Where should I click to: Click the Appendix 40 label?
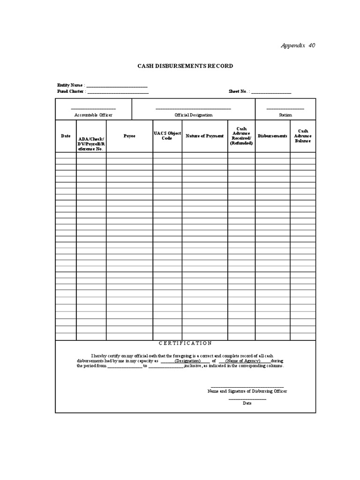pyautogui.click(x=298, y=45)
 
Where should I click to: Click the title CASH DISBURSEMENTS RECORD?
pyautogui.click(x=185, y=66)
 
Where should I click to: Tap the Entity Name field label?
pyautogui.click(x=71, y=85)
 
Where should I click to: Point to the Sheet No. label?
pyautogui.click(x=239, y=91)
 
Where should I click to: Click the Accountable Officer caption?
pyautogui.click(x=93, y=115)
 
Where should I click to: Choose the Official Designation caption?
pyautogui.click(x=193, y=115)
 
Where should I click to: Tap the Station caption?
pyautogui.click(x=285, y=115)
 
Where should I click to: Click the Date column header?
pyautogui.click(x=66, y=136)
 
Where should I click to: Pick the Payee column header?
pyautogui.click(x=129, y=136)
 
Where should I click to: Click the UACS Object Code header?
pyautogui.click(x=167, y=136)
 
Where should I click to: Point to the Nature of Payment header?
pyautogui.click(x=205, y=136)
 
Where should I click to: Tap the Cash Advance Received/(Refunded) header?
pyautogui.click(x=241, y=136)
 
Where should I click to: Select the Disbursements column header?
pyautogui.click(x=273, y=136)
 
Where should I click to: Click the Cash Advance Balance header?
pyautogui.click(x=302, y=136)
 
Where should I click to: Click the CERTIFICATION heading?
pyautogui.click(x=185, y=343)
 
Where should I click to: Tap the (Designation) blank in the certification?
pyautogui.click(x=187, y=361)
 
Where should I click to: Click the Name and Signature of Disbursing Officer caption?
pyautogui.click(x=247, y=391)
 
